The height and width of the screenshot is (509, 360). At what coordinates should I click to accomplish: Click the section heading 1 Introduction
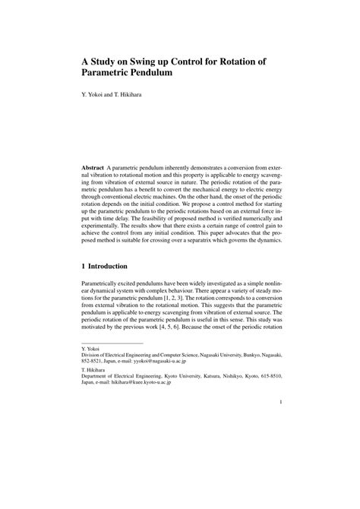[109, 267]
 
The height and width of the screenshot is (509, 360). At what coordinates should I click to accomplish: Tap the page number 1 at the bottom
[280, 424]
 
